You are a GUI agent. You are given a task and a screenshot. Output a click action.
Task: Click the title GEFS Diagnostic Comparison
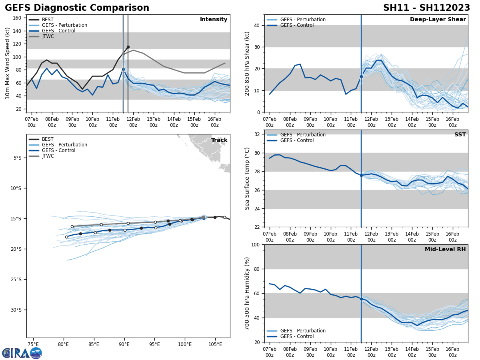click(77, 8)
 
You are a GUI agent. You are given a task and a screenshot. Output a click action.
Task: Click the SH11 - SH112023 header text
click(426, 8)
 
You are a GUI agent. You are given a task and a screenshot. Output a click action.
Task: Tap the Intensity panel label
click(213, 20)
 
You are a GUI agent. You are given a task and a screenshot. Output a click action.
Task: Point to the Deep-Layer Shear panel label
click(438, 20)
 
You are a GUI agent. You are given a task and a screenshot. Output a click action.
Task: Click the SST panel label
click(460, 135)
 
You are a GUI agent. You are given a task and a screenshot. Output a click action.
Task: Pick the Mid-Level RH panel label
click(445, 250)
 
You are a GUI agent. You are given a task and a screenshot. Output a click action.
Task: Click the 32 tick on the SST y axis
click(257, 134)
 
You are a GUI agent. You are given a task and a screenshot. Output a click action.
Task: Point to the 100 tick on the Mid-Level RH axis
click(255, 244)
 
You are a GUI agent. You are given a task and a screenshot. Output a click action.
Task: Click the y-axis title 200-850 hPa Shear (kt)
click(248, 63)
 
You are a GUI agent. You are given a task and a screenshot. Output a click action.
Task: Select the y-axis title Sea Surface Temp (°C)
click(248, 178)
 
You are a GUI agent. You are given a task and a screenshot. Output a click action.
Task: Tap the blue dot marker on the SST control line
click(361, 175)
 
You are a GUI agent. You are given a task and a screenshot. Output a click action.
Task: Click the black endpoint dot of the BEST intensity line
click(128, 47)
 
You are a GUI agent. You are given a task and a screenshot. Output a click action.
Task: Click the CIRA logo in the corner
click(22, 353)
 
